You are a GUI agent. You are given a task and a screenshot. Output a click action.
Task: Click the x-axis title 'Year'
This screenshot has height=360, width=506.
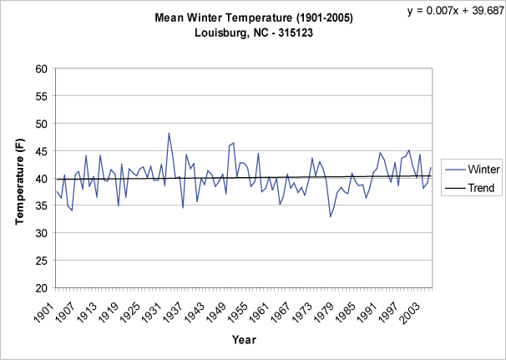coord(244,341)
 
